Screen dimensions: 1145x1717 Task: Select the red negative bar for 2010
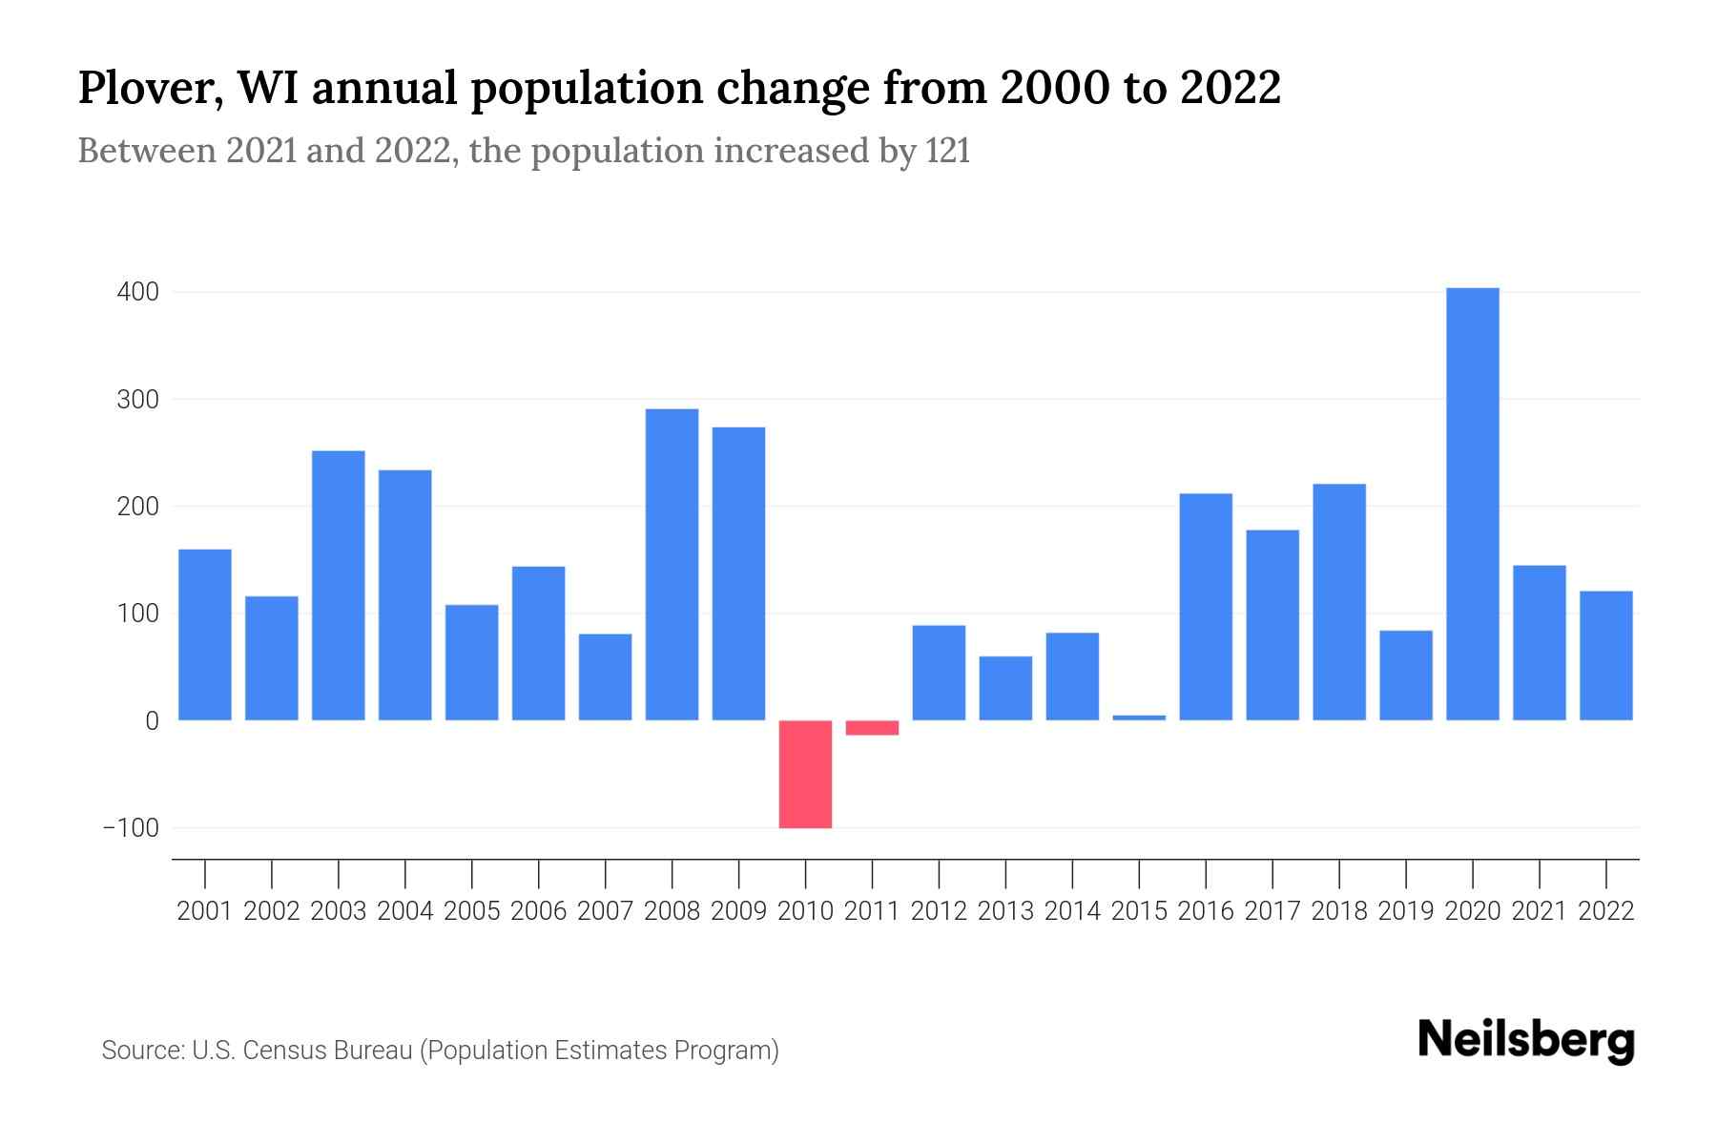point(805,774)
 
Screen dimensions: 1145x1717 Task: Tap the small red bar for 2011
point(872,728)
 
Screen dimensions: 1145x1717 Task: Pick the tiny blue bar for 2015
point(1139,718)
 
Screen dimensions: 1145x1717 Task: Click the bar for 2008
point(672,564)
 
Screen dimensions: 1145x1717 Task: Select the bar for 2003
point(339,585)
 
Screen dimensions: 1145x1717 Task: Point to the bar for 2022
point(1605,656)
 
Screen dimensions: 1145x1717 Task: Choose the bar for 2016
point(1206,607)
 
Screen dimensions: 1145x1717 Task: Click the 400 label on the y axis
point(137,292)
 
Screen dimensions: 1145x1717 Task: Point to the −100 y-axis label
point(132,828)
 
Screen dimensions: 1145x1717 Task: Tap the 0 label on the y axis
point(152,721)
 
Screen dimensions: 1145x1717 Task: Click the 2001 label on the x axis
point(205,911)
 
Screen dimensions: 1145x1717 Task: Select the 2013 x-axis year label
point(1005,911)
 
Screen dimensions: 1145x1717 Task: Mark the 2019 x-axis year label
point(1405,911)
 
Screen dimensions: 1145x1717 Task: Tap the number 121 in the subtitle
point(947,151)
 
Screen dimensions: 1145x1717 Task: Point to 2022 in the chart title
point(1230,87)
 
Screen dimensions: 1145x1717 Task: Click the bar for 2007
point(605,677)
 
